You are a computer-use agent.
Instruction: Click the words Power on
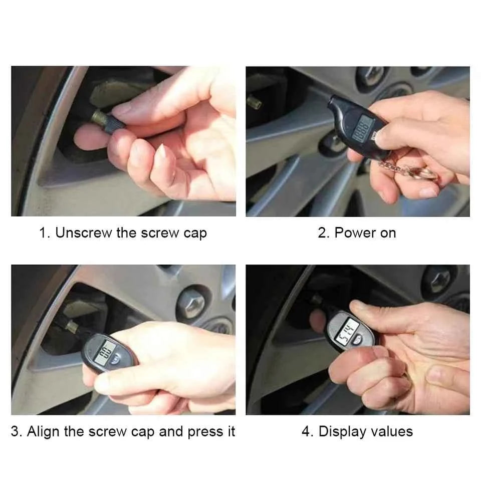[365, 233]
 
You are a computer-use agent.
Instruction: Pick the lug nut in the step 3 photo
[194, 303]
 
